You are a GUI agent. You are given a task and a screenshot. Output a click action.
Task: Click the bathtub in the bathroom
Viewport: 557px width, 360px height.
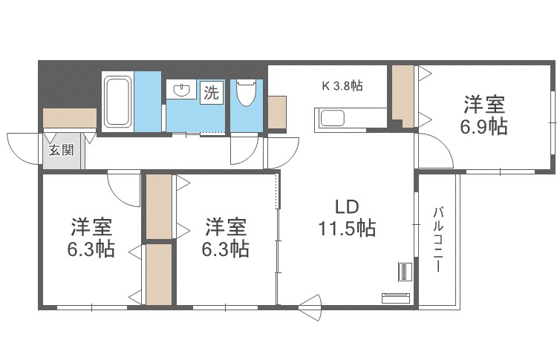117,102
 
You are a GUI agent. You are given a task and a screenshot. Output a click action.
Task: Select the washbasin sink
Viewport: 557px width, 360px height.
183,90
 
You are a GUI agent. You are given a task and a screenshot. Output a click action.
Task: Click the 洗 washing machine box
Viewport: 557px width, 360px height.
212,93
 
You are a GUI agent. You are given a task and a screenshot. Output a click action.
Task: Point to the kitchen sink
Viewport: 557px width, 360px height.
332,118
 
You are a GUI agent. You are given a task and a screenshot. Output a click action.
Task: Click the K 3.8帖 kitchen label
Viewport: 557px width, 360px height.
342,85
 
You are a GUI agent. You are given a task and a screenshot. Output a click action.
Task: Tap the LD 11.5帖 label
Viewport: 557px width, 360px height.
347,217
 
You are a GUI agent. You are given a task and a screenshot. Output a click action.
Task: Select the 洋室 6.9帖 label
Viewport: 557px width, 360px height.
483,115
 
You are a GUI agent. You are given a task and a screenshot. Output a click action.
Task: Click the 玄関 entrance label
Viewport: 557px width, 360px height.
62,150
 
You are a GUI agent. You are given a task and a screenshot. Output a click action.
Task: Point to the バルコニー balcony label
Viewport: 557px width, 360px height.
438,240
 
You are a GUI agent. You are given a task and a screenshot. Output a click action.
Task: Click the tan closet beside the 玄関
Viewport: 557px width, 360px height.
70,118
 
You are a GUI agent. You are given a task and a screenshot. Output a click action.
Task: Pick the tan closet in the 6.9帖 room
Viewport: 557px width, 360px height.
403,96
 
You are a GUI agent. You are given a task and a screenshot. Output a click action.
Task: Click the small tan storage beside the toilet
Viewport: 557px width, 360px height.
277,112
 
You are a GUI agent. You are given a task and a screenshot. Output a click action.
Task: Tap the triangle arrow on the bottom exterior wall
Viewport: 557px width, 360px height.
310,307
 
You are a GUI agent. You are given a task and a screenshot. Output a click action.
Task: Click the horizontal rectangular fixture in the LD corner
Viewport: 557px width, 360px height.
396,298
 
